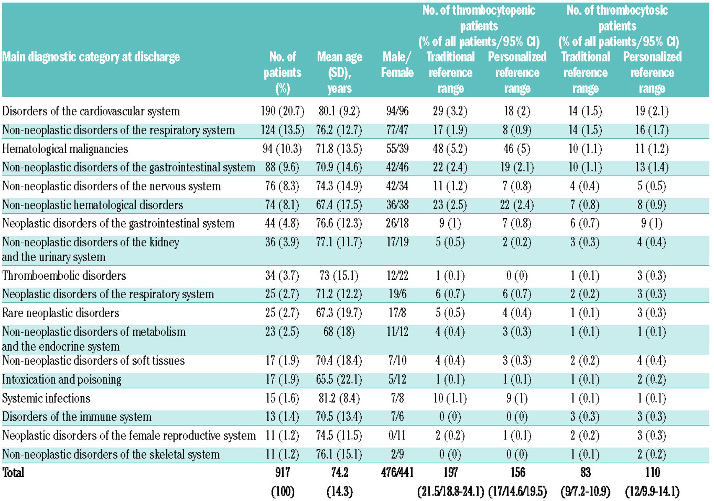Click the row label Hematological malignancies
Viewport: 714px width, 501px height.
(x=65, y=149)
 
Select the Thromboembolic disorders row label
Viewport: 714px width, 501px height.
(x=64, y=275)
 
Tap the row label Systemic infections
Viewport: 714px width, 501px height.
(x=46, y=398)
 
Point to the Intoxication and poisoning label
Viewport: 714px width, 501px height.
(x=61, y=380)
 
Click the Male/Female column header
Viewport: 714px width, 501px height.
(x=397, y=65)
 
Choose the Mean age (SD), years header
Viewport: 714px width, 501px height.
(x=340, y=72)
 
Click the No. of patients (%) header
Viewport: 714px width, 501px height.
(x=282, y=72)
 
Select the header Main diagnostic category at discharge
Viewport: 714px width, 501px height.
(x=91, y=57)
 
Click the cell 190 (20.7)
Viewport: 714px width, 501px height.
(x=282, y=111)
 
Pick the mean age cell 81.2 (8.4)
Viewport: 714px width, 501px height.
(x=339, y=398)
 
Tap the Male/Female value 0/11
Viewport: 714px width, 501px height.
(x=397, y=435)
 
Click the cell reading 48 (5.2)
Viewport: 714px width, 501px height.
(x=450, y=149)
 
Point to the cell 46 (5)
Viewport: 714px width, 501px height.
(x=517, y=149)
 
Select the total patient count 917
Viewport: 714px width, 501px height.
(x=282, y=472)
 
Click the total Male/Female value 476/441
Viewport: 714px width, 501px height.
(x=397, y=472)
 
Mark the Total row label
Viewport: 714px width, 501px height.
(x=13, y=472)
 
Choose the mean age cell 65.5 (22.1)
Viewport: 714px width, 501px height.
(x=339, y=380)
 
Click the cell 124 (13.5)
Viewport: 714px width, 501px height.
(x=282, y=130)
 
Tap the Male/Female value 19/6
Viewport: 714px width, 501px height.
(x=397, y=294)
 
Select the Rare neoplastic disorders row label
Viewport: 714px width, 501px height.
(x=61, y=313)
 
